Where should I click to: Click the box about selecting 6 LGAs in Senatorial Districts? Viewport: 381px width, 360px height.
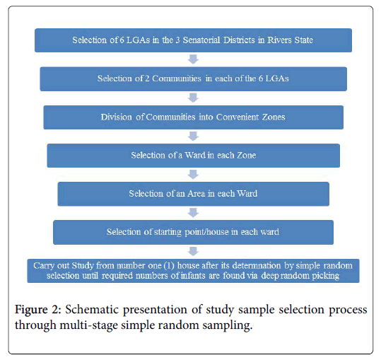tap(193, 40)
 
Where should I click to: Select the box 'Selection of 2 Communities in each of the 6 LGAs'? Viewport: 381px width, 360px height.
tap(194, 79)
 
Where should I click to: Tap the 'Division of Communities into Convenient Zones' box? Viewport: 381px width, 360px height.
tap(194, 117)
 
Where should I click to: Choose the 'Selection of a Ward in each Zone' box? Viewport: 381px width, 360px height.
tap(194, 156)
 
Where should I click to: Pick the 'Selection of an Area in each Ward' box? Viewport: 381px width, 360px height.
tap(194, 194)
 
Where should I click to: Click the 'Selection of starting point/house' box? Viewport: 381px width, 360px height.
tap(193, 233)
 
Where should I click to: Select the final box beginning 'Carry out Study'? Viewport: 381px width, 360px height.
tap(193, 271)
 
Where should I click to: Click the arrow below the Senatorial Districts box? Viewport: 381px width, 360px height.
tap(194, 59)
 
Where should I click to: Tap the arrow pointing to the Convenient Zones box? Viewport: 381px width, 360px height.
tap(194, 98)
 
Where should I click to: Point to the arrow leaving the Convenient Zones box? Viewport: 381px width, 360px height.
tap(194, 137)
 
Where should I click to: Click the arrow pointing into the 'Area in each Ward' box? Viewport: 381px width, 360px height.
tap(194, 175)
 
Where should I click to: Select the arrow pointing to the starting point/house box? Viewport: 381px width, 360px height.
tap(194, 213)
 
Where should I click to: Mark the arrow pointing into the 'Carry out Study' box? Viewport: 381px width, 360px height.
tap(194, 252)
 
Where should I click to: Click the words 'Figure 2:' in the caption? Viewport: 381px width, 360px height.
tap(38, 310)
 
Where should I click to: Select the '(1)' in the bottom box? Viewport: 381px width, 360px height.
tap(169, 266)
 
